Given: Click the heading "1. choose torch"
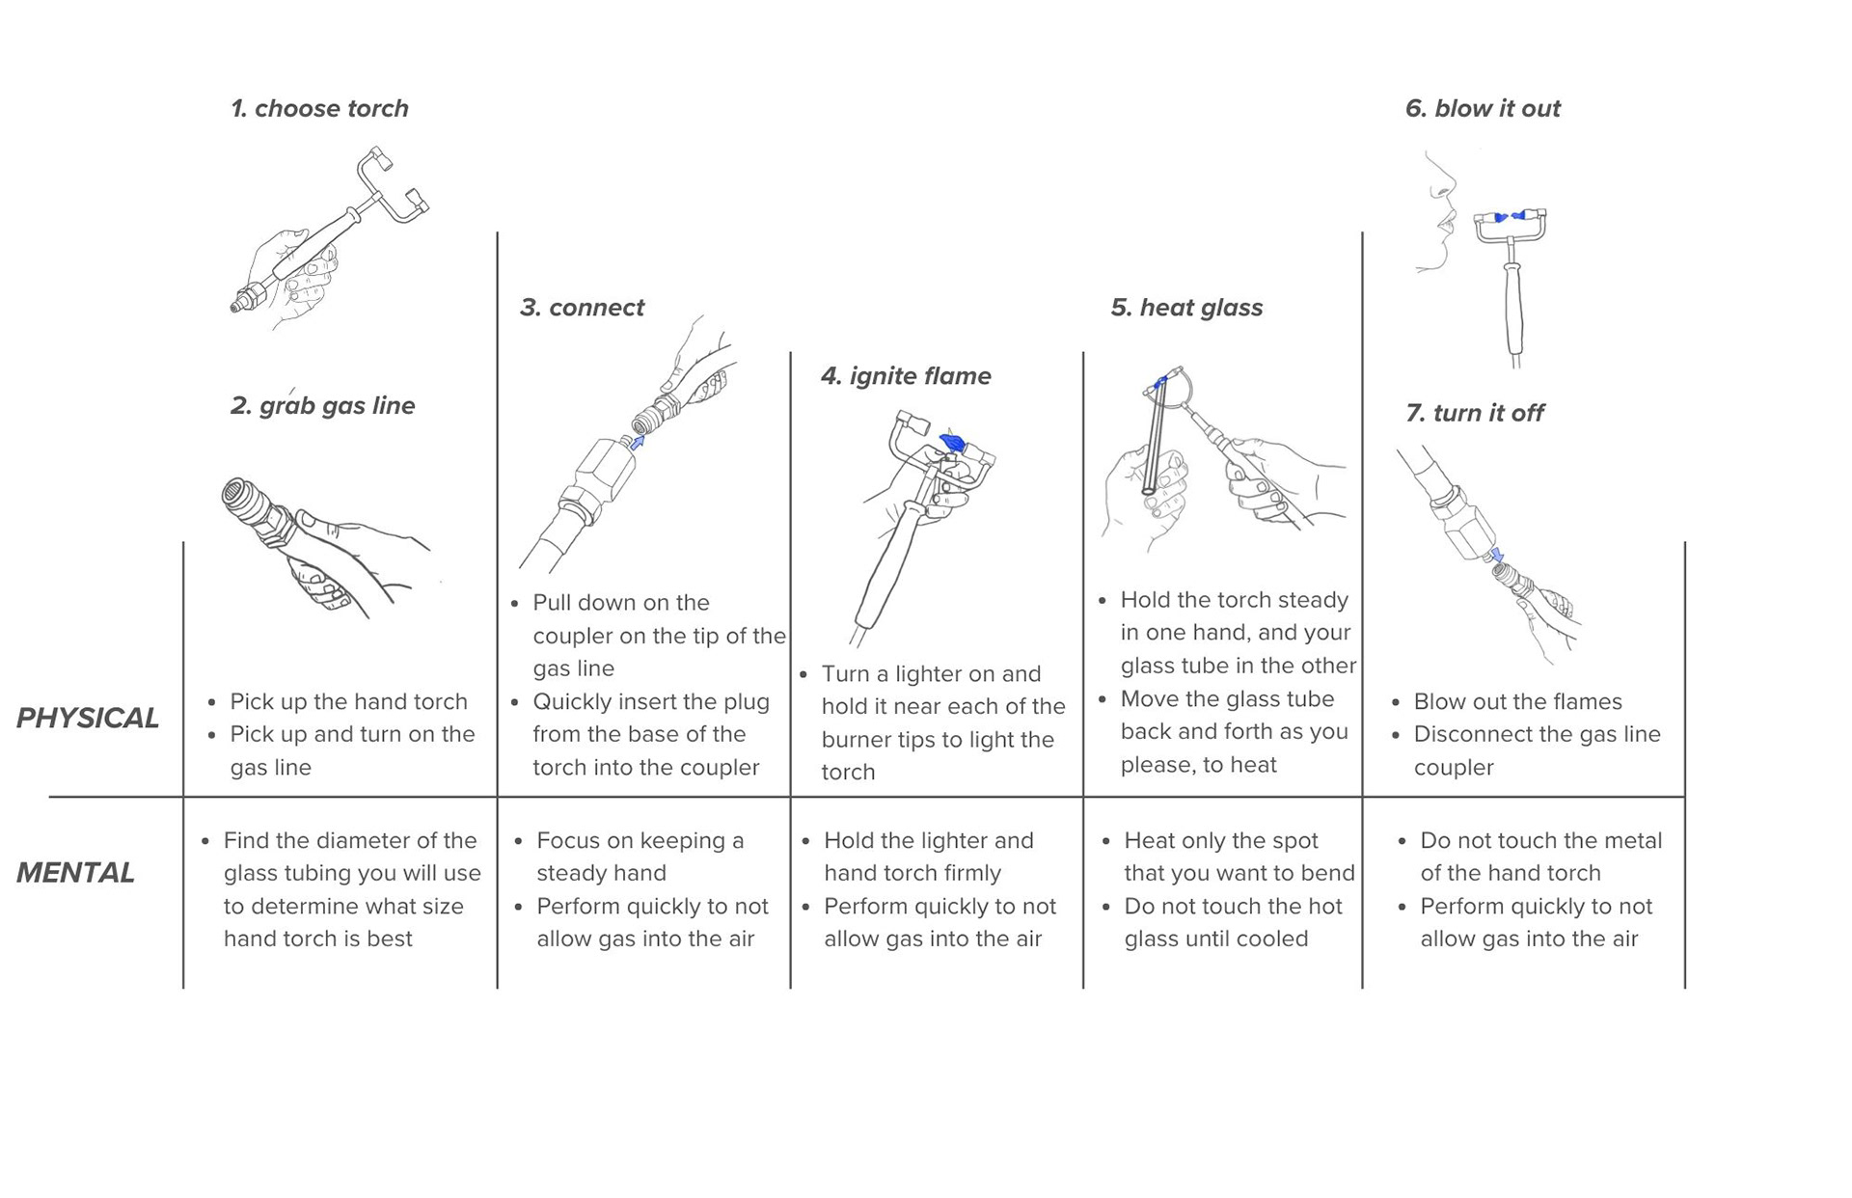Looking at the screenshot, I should click(319, 109).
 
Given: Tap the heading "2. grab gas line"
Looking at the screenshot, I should click(322, 406).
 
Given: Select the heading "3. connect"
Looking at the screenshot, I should click(582, 308).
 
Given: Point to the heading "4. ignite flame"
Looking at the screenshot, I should click(906, 376).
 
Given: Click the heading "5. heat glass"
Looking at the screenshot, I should click(1186, 308).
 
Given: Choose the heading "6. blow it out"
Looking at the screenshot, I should click(1483, 109).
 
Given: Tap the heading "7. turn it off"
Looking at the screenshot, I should click(1475, 414).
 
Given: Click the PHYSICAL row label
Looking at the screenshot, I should click(88, 719).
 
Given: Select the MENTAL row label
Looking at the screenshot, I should click(75, 873).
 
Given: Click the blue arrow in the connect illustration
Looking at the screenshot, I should click(637, 443).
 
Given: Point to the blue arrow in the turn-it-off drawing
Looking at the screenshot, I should click(1496, 556).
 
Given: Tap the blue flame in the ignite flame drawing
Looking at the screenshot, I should click(952, 443).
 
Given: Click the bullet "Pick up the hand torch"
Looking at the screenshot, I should click(347, 702).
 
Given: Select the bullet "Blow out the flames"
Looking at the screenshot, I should click(1517, 702).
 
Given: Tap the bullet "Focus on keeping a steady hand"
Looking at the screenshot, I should click(640, 857).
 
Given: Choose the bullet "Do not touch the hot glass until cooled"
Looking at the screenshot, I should click(1232, 923).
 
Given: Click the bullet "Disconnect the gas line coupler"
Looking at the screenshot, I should click(1536, 750).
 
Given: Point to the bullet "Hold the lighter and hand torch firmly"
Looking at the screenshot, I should click(927, 857).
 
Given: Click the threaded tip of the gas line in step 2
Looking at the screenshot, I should click(235, 494).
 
